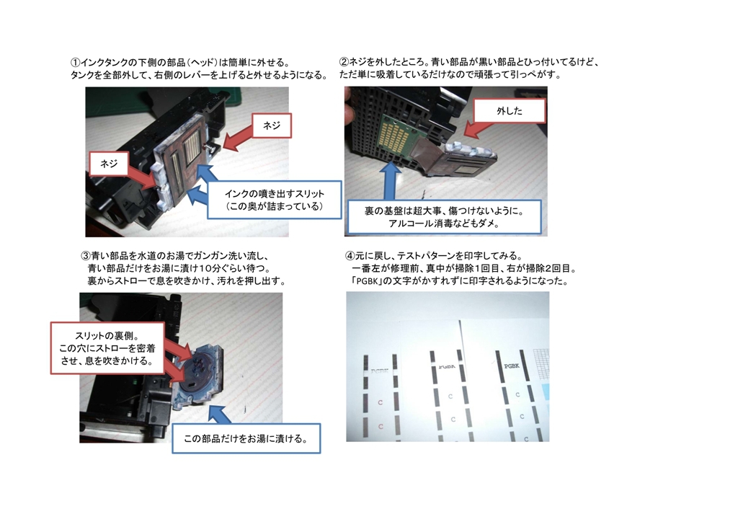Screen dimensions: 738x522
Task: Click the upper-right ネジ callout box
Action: coord(272,125)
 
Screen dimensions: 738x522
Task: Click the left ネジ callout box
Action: coord(109,164)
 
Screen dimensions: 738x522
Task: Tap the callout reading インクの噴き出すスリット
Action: coord(275,200)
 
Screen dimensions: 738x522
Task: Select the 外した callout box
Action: coord(510,111)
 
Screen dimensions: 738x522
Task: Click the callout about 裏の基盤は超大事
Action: coord(444,217)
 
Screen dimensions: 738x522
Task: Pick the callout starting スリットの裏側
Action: coord(107,348)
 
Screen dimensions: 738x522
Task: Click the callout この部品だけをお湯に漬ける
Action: coord(246,438)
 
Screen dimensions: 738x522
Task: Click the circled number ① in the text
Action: coord(75,63)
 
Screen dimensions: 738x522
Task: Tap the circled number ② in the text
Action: coord(344,62)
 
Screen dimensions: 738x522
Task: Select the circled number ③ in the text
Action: coord(86,256)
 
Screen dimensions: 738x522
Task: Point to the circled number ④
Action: coord(350,256)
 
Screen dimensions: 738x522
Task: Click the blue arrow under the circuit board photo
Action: coord(391,182)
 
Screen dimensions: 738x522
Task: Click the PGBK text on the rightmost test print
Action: coord(512,366)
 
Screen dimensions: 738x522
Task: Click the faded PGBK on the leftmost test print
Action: coord(380,371)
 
